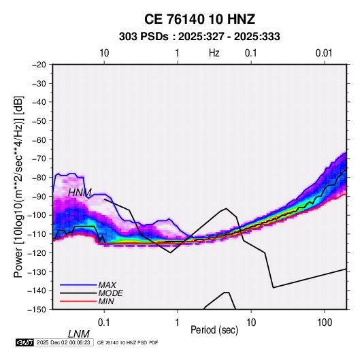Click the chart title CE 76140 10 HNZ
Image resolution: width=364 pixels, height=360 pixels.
point(199,19)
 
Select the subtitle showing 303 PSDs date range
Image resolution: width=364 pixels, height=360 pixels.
point(199,37)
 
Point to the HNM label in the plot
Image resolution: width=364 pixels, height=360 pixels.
point(80,193)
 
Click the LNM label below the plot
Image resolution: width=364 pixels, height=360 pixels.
point(78,334)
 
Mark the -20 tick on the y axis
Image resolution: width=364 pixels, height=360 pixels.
point(39,65)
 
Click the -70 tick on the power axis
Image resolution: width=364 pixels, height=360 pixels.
point(39,159)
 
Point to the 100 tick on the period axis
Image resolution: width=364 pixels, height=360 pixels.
point(325,323)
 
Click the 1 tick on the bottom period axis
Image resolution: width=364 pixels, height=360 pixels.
point(178,323)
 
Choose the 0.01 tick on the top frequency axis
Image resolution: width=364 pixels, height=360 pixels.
point(324,53)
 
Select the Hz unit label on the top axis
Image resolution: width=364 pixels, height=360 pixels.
point(214,53)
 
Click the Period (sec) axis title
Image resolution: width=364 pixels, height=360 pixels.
point(214,330)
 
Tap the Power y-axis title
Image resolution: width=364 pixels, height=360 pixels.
point(18,187)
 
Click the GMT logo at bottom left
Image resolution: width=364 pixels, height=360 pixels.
point(24,342)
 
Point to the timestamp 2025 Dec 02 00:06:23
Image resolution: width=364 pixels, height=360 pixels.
point(63,342)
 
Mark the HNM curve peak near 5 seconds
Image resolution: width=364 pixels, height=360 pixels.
point(226,208)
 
